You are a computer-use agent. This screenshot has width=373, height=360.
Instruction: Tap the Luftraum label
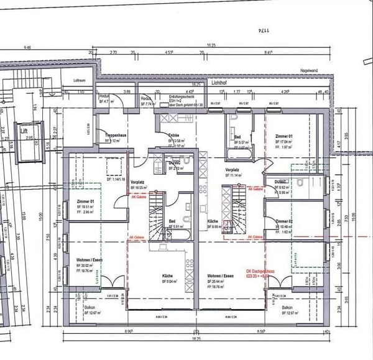coord(79,81)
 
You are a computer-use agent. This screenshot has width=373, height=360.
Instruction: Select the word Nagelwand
coord(308,71)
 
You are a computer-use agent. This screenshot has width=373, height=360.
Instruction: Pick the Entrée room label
coord(175,134)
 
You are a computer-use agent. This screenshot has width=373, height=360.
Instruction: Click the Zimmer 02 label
coord(285,221)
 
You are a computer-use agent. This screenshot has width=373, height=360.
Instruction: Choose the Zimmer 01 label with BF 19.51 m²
coord(85,203)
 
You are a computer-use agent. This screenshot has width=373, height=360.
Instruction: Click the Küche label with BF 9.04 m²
coord(166,275)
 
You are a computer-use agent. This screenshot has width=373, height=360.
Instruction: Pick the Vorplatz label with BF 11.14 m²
coord(233,168)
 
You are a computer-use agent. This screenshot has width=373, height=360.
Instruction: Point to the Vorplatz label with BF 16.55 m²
coord(137,182)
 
